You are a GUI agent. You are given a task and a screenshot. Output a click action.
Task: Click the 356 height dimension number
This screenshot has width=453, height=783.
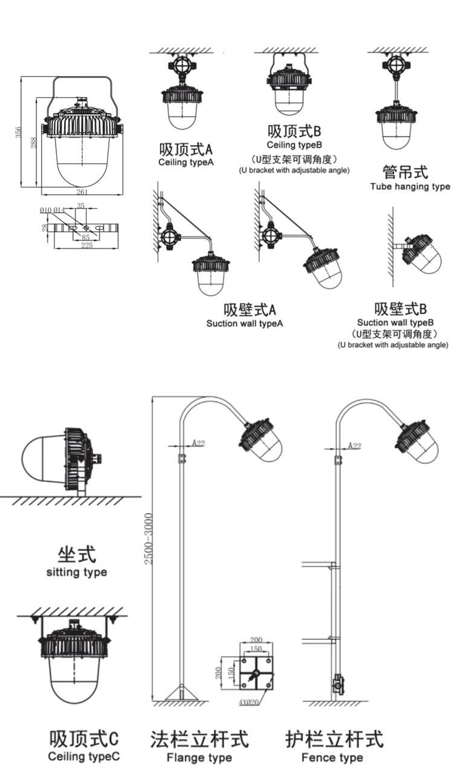(x=18, y=132)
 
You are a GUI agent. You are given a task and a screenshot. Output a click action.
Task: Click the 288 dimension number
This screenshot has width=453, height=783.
(x=34, y=143)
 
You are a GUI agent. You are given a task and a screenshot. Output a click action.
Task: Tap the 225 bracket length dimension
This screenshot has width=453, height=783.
(x=86, y=245)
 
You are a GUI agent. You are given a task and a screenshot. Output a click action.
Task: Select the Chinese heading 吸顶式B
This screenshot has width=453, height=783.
(x=294, y=130)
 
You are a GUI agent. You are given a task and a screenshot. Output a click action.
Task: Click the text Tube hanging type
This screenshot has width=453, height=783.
(x=410, y=186)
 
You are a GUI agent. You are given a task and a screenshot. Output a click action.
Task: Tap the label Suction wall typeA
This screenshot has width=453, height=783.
(x=245, y=323)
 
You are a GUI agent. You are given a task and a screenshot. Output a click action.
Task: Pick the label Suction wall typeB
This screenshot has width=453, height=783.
(x=396, y=323)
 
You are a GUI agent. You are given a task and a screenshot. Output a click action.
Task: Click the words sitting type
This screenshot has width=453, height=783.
(x=77, y=572)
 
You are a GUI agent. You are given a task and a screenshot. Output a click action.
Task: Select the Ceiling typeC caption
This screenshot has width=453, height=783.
(x=84, y=756)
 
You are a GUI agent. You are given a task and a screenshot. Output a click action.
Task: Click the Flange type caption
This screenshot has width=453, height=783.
(x=199, y=757)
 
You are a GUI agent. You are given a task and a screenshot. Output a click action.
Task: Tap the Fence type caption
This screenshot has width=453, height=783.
(x=332, y=757)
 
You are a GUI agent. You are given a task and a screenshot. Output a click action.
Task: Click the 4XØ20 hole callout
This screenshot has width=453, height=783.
(x=249, y=703)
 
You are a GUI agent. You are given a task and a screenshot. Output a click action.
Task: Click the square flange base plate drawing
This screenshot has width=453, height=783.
(x=255, y=674)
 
